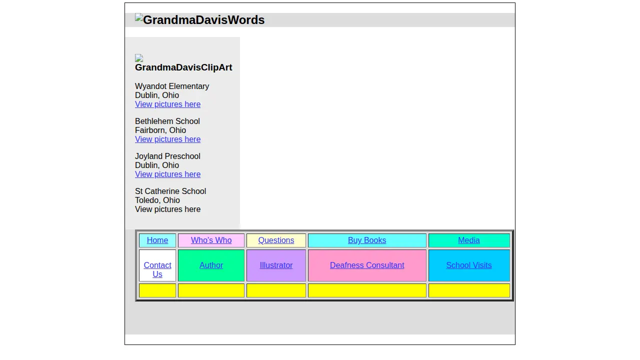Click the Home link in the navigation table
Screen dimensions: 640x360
[x=157, y=240]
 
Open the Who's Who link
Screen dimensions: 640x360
[x=211, y=240]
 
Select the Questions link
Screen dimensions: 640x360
[x=276, y=240]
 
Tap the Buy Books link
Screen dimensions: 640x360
[x=367, y=240]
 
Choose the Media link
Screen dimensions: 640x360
[x=469, y=240]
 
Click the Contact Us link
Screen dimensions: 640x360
[x=157, y=269]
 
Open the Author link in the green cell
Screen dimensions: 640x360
[x=211, y=265]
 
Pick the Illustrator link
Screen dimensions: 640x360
[x=276, y=265]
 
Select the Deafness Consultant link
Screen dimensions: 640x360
[x=367, y=265]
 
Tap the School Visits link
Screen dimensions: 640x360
[x=469, y=265]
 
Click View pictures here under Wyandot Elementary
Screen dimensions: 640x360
[x=167, y=104]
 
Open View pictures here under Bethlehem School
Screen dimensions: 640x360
[x=167, y=139]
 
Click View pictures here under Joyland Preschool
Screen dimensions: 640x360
[x=167, y=174]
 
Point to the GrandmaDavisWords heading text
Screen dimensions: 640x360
[x=203, y=20]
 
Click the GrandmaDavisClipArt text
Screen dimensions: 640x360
[x=183, y=67]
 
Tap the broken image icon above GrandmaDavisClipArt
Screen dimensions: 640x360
[x=139, y=58]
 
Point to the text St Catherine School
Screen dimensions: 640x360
[x=170, y=191]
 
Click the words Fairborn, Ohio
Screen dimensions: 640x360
[x=160, y=130]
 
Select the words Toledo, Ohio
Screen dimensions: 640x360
[x=157, y=200]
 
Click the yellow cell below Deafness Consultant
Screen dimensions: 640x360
[x=367, y=290]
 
